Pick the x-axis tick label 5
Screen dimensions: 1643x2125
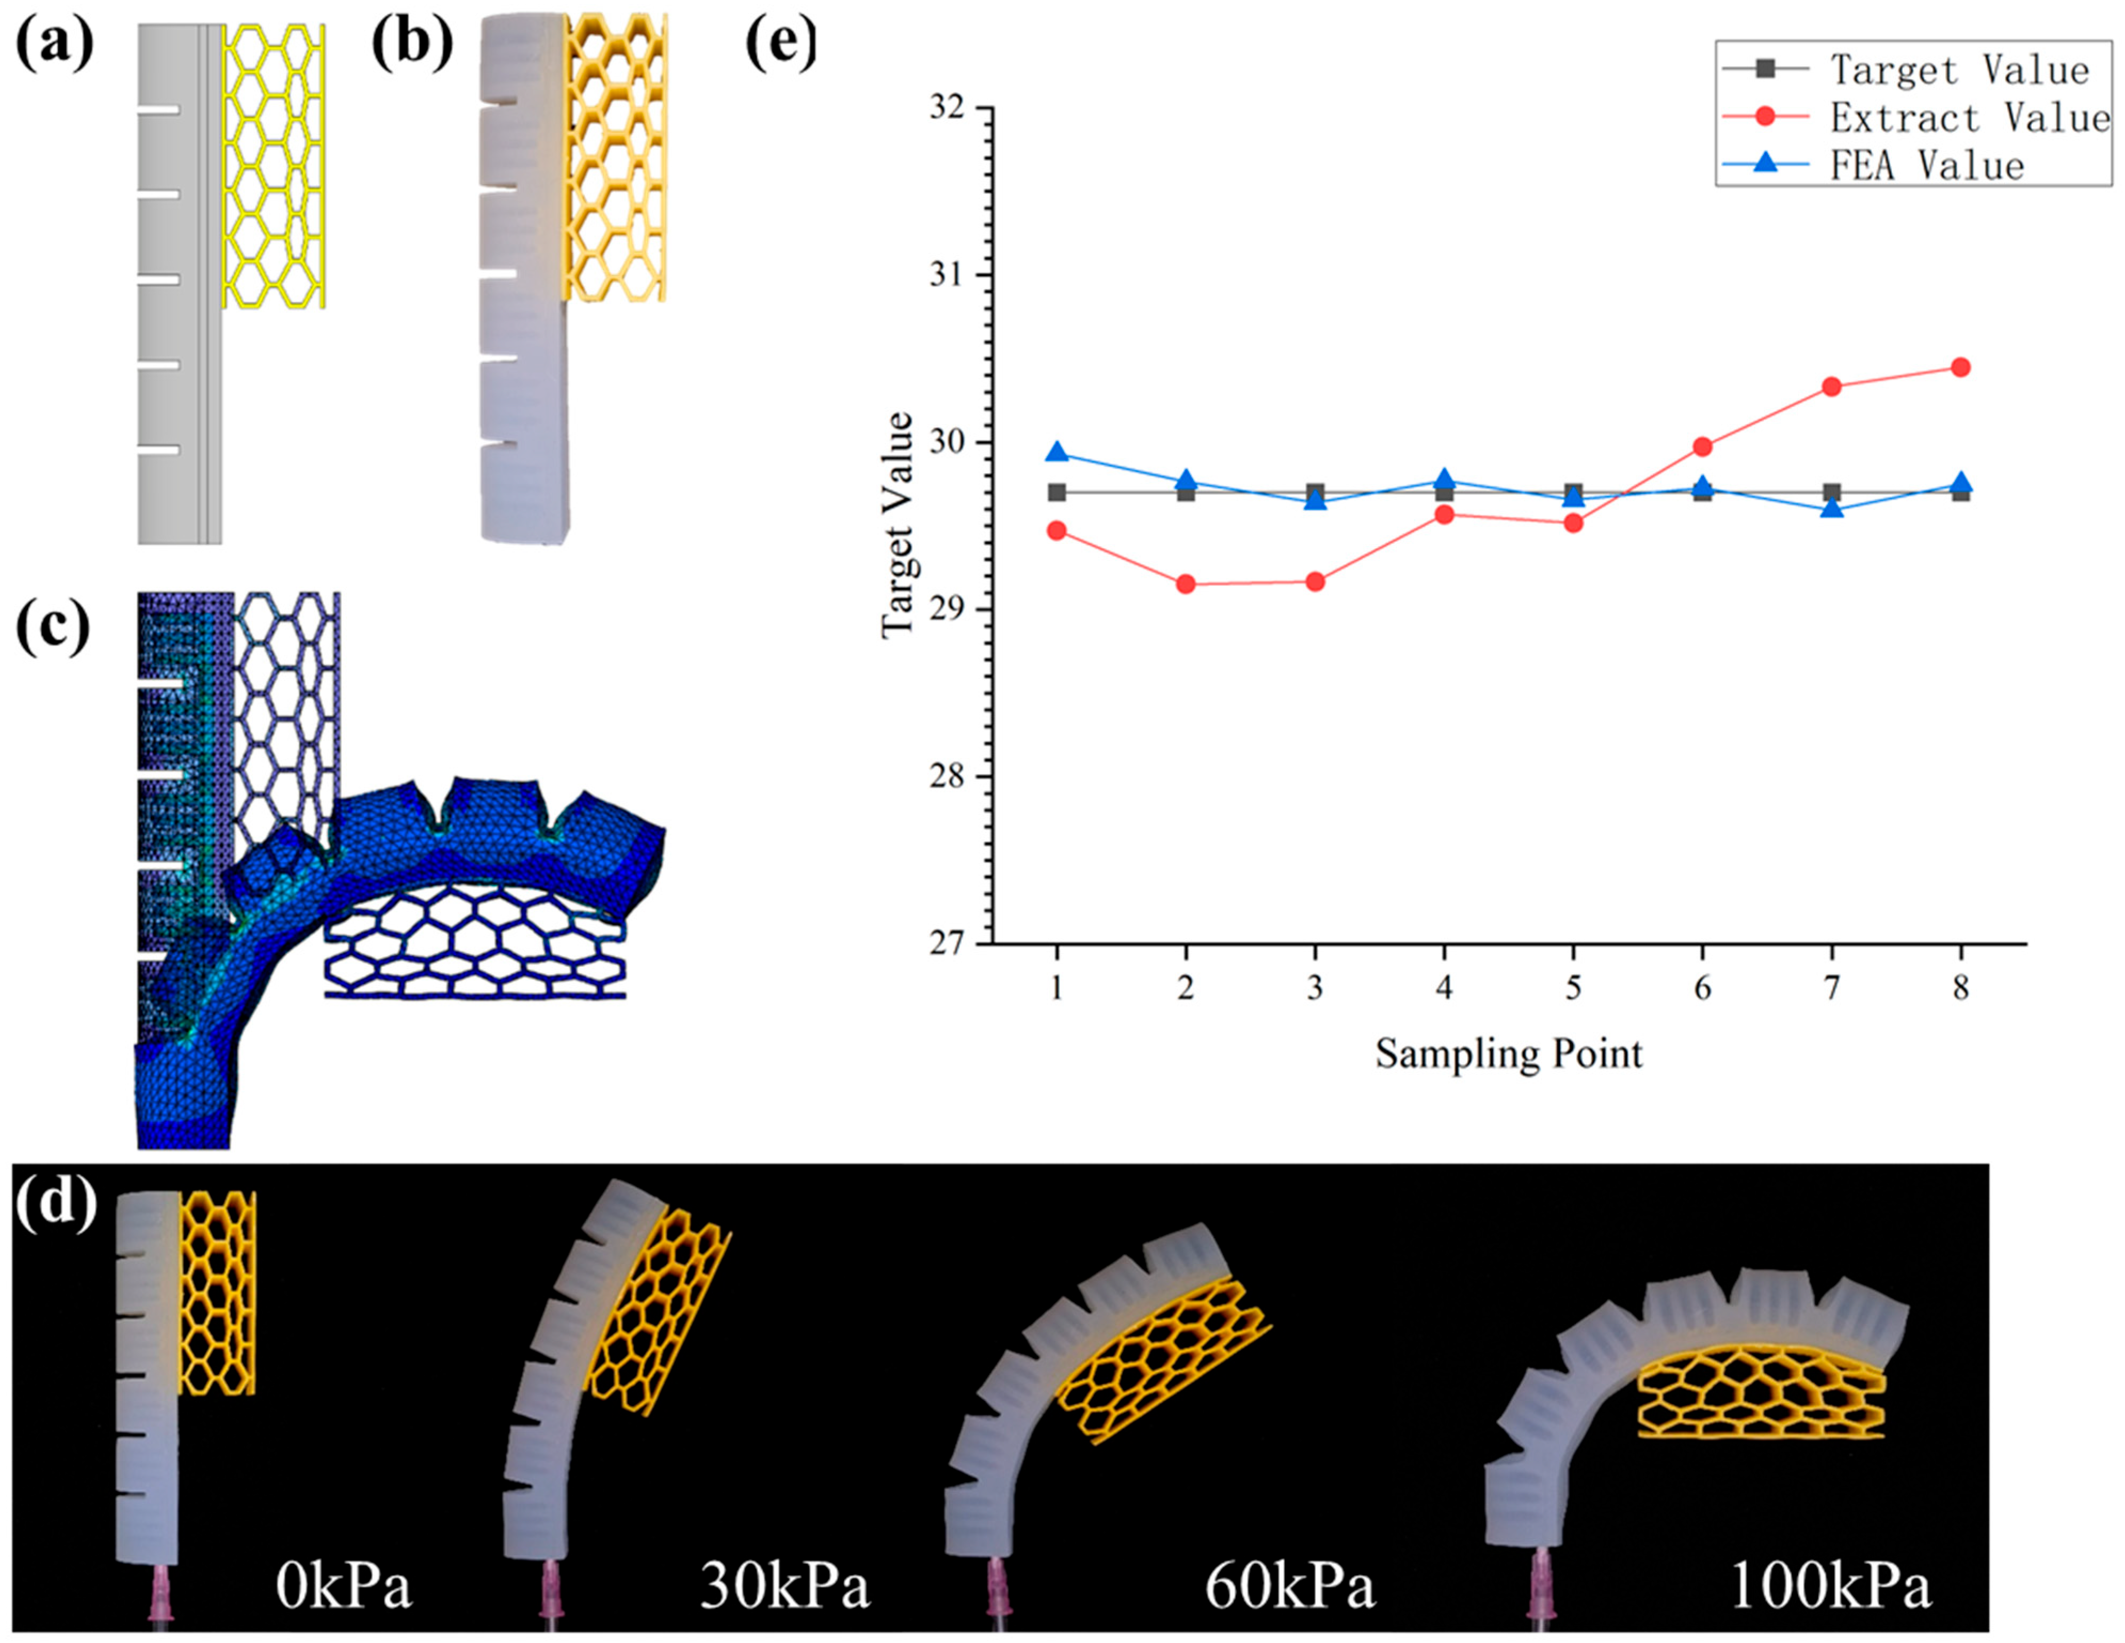pos(1572,988)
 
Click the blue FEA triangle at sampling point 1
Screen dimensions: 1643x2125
pos(1057,453)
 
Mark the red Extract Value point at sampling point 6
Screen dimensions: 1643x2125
pos(1701,446)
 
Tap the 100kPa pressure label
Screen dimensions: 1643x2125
pos(1829,1588)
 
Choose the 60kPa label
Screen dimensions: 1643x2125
pos(1289,1588)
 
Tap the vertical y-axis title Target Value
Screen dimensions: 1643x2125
pos(897,525)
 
